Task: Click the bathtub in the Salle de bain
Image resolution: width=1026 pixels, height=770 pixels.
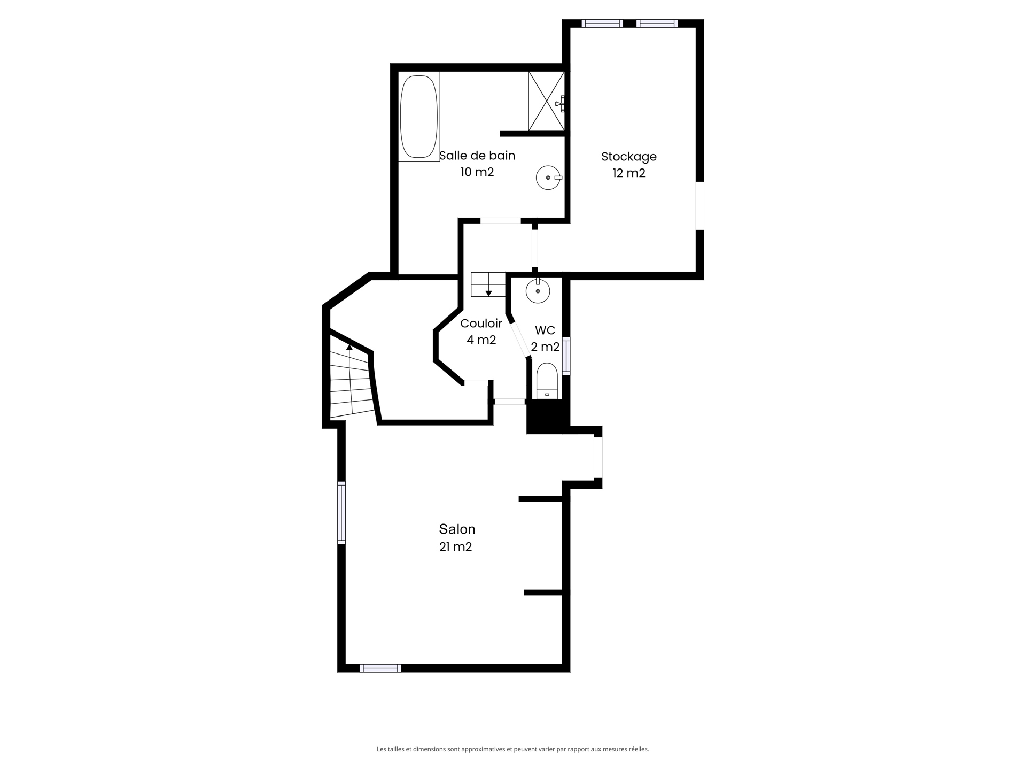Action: click(x=419, y=117)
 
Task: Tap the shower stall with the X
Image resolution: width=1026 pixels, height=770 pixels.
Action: click(x=546, y=101)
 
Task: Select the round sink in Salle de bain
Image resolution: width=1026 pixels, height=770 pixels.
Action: click(x=548, y=177)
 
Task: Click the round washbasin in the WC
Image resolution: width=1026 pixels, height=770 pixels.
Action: click(x=538, y=291)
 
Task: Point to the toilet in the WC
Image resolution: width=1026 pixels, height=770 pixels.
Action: click(x=547, y=380)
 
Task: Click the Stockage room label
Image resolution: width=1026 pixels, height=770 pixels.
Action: click(x=628, y=157)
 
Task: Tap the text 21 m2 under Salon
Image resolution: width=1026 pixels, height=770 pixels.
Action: click(x=455, y=546)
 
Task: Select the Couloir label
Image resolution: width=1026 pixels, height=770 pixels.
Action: click(x=481, y=324)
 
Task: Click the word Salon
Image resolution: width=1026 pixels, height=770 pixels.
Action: click(x=457, y=529)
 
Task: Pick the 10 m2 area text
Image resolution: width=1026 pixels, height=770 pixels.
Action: click(x=477, y=172)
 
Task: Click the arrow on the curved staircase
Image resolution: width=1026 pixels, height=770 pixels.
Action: click(x=349, y=347)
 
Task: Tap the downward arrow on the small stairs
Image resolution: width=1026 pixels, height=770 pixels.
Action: click(x=488, y=293)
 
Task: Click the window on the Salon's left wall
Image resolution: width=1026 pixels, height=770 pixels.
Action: click(x=341, y=513)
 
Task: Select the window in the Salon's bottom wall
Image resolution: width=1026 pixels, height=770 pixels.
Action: click(x=380, y=668)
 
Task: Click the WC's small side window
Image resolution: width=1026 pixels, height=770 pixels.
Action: click(x=566, y=356)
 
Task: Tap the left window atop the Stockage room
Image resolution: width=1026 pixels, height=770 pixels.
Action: click(x=602, y=24)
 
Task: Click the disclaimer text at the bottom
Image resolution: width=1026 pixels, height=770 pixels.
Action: click(x=512, y=749)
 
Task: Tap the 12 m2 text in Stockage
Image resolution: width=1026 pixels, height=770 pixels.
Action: click(x=628, y=173)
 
